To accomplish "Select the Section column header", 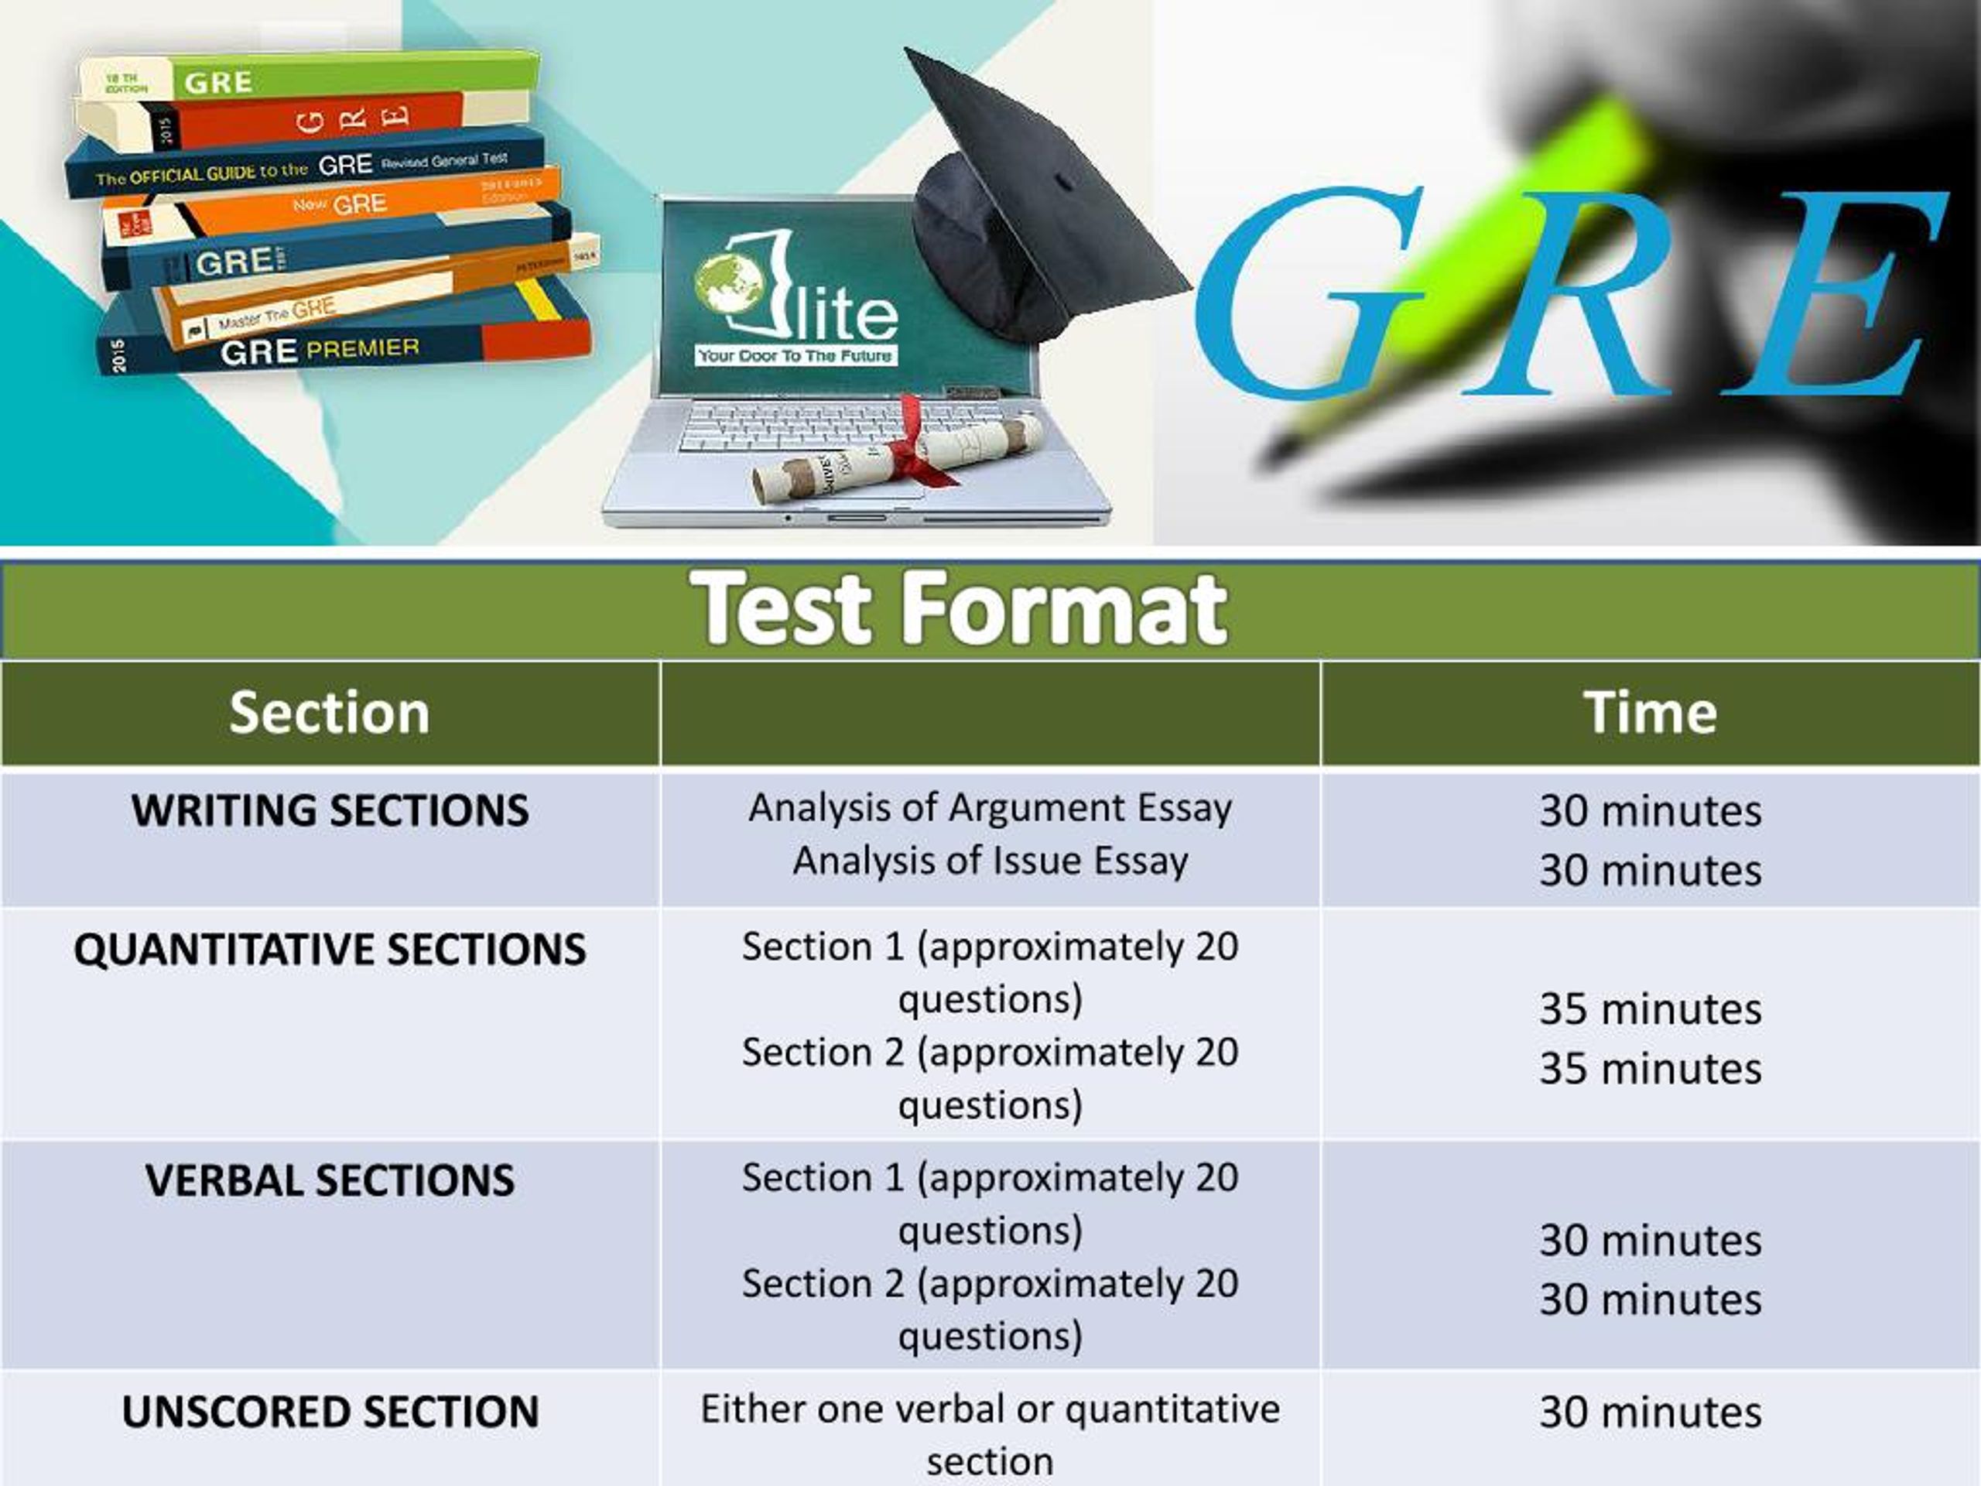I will click(330, 713).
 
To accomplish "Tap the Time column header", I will click(1650, 713).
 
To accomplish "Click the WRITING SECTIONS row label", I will click(330, 810).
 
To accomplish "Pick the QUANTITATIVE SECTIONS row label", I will click(330, 950).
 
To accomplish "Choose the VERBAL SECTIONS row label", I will click(330, 1180).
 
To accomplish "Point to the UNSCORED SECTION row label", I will click(330, 1412).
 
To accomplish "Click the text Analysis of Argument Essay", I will click(990, 808).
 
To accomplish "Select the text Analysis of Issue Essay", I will click(990, 861).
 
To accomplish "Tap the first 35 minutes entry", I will click(1650, 1009).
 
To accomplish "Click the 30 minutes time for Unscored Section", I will click(1650, 1412).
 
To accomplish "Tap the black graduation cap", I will click(1038, 206).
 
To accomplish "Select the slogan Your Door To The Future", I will click(795, 355).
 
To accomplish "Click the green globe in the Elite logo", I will click(727, 282).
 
